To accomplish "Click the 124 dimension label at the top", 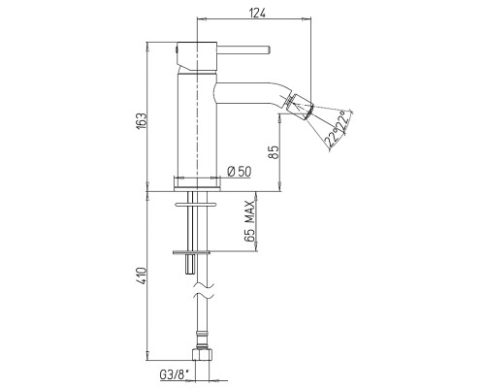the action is tap(257, 14).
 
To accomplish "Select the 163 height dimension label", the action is tap(142, 121).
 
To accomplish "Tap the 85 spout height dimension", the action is tap(274, 152).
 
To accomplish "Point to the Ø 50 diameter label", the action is tap(239, 172).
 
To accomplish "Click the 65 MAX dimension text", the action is tap(249, 221).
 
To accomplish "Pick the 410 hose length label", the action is tap(142, 275).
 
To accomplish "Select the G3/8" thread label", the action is tap(174, 374).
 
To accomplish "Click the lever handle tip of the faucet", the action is tap(268, 50).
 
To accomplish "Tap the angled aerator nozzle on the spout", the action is tap(300, 106).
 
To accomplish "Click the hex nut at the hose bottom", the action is tap(202, 354).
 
